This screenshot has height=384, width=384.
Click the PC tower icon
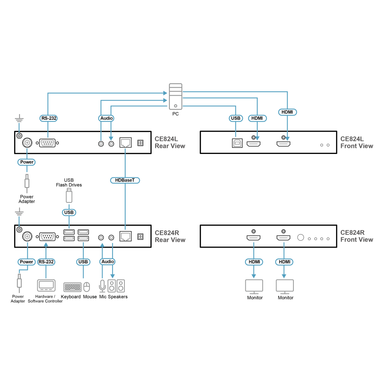[175, 96]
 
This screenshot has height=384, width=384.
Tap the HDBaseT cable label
[125, 180]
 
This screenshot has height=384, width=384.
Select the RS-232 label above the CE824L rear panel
[48, 118]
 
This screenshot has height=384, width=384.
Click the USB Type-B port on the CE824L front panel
[237, 143]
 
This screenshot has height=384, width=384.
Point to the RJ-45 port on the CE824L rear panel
[126, 142]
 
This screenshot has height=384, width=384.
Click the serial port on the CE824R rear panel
[47, 237]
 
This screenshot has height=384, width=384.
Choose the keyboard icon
[72, 287]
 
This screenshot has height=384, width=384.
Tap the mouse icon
[87, 287]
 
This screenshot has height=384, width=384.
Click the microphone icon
[103, 286]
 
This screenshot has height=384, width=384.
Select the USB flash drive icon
[69, 195]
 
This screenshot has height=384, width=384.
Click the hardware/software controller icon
[46, 286]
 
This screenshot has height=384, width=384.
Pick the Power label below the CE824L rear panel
[26, 162]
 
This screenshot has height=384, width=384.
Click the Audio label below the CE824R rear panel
[108, 262]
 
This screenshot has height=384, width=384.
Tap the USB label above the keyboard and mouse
[83, 262]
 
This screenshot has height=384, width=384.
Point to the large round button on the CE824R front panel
[301, 238]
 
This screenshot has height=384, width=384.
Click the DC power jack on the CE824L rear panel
[27, 142]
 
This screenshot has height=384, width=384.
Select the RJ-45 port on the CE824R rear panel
[126, 236]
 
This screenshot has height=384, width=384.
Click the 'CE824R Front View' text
[357, 236]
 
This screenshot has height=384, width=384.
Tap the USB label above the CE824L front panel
[236, 118]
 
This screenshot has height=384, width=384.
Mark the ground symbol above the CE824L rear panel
[19, 118]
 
